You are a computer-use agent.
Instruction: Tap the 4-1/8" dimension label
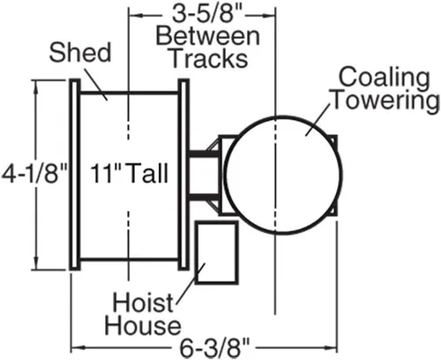tap(35, 174)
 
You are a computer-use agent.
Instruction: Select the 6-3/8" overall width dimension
tap(214, 349)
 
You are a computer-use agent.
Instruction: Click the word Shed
tap(80, 52)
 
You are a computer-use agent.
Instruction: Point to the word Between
tap(207, 36)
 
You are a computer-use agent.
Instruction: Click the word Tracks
tap(209, 58)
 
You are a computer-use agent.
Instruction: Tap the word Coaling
tap(384, 78)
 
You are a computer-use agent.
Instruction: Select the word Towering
tap(385, 101)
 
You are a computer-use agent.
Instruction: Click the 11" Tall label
tap(130, 173)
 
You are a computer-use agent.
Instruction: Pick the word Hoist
tap(143, 303)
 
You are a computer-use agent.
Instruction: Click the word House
tap(143, 326)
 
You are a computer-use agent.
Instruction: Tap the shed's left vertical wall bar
tap(75, 175)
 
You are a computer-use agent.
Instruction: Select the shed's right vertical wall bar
tap(183, 175)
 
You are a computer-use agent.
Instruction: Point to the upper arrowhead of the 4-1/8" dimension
tap(36, 86)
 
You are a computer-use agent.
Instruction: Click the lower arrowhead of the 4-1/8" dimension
tap(36, 263)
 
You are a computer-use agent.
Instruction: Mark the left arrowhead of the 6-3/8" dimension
tap(78, 348)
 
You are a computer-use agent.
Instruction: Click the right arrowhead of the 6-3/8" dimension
tap(331, 348)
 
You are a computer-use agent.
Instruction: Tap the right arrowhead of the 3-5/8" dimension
tap(268, 15)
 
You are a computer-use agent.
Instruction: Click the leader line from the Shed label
tap(96, 84)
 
